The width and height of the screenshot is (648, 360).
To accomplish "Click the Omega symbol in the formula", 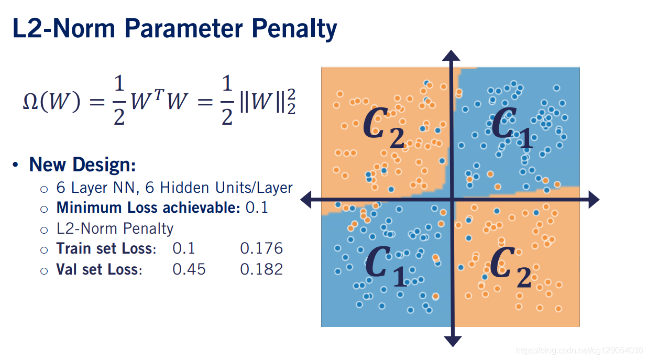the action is tap(31, 102).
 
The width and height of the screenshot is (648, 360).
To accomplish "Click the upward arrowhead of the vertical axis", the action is tap(452, 56).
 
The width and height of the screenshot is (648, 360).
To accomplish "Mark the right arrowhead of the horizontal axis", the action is tap(593, 199).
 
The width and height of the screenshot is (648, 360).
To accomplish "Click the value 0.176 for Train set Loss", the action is tap(261, 248).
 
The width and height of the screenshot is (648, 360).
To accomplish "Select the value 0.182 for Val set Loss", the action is tap(261, 269).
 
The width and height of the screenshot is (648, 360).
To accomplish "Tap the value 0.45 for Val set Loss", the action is tap(189, 269).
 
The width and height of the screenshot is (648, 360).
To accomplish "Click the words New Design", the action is tap(83, 165).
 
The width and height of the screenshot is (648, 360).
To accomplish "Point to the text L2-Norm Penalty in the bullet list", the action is tap(115, 228).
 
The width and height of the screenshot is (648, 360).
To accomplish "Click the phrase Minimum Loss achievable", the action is tap(148, 207).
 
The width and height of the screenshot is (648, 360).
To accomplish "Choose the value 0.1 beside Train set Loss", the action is tap(183, 248).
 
